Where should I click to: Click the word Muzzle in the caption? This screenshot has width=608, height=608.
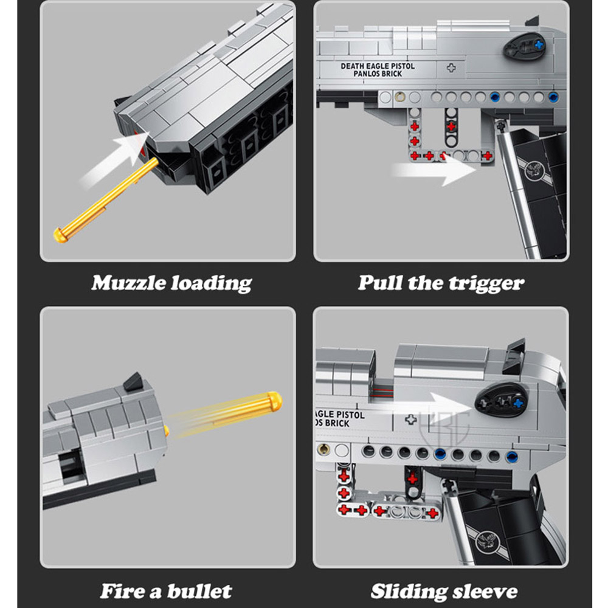(x=129, y=283)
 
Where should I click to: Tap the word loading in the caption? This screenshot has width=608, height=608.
(x=212, y=283)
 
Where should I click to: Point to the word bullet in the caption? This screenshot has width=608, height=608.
(x=199, y=592)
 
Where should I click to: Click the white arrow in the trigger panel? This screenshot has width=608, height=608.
(x=434, y=170)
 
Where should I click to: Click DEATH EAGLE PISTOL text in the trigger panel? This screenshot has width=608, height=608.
(x=378, y=66)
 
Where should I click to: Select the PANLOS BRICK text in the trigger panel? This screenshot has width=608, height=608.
(x=378, y=74)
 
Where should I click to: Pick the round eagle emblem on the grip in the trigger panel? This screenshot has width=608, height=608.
(x=533, y=171)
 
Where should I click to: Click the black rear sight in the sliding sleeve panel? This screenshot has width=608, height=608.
(x=514, y=356)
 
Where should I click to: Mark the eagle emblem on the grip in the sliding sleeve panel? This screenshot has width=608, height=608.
(x=488, y=541)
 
